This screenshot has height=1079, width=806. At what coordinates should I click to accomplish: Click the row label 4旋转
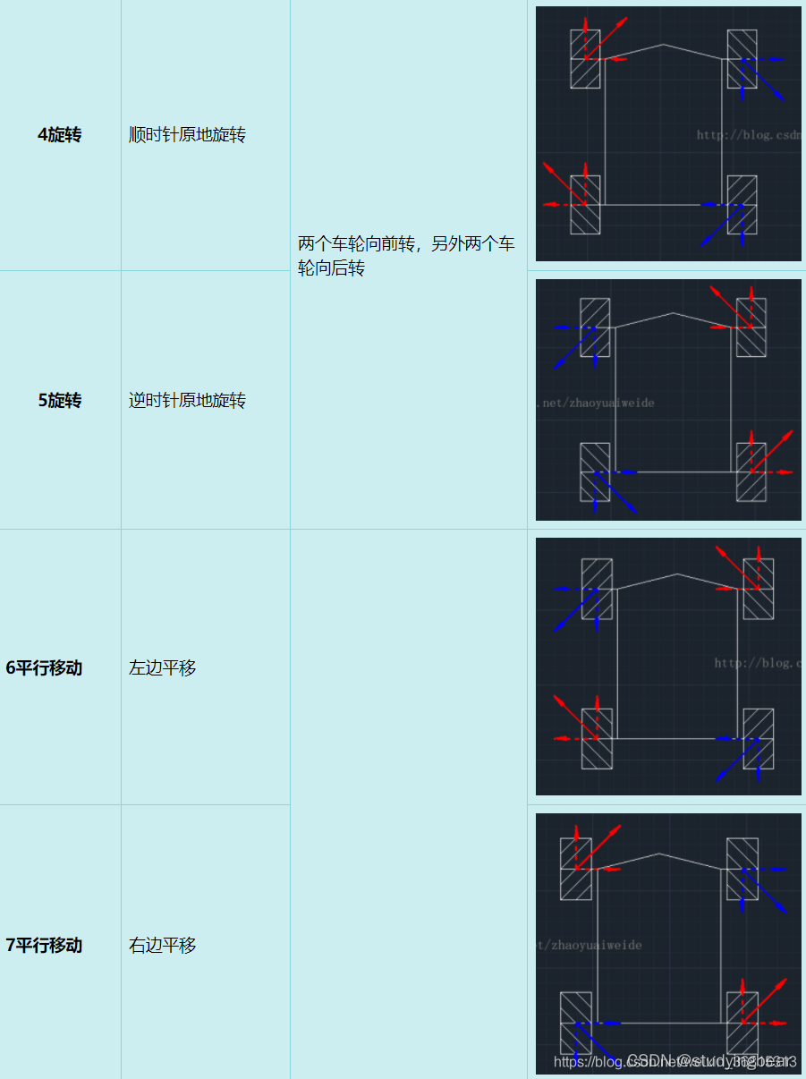pyautogui.click(x=59, y=135)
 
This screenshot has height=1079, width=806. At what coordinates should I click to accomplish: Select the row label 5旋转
pyautogui.click(x=59, y=401)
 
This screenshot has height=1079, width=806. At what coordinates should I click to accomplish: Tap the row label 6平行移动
pyautogui.click(x=44, y=668)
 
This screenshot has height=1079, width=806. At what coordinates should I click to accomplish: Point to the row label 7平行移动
pyautogui.click(x=44, y=946)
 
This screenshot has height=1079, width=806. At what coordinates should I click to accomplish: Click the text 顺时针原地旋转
pyautogui.click(x=187, y=135)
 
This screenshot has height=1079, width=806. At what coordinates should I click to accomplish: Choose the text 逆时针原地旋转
pyautogui.click(x=187, y=401)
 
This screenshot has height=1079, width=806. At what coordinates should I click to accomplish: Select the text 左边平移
pyautogui.click(x=162, y=668)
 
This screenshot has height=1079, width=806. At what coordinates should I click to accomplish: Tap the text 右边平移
pyautogui.click(x=162, y=946)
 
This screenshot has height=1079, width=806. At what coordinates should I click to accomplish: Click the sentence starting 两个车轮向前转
pyautogui.click(x=406, y=256)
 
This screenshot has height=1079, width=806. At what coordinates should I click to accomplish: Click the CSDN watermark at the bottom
pyautogui.click(x=711, y=1061)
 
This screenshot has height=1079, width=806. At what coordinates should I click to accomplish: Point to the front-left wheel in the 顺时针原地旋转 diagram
pyautogui.click(x=585, y=59)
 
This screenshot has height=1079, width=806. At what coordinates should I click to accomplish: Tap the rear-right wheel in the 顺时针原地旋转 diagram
pyautogui.click(x=742, y=205)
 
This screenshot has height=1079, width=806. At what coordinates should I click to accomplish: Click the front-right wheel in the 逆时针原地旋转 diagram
pyautogui.click(x=751, y=327)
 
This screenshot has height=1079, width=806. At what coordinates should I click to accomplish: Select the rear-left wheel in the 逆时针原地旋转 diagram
pyautogui.click(x=595, y=472)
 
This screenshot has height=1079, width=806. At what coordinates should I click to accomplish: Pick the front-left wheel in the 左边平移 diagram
pyautogui.click(x=597, y=589)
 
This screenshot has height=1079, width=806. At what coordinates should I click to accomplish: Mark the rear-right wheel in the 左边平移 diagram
pyautogui.click(x=758, y=738)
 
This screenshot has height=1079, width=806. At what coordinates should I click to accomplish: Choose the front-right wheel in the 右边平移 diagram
pyautogui.click(x=742, y=869)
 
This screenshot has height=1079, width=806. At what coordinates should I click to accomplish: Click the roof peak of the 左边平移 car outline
pyautogui.click(x=677, y=574)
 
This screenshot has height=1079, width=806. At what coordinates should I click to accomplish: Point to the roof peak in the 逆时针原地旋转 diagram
pyautogui.click(x=673, y=313)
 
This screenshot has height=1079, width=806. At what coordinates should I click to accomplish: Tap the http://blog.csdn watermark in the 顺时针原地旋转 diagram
pyautogui.click(x=748, y=135)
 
